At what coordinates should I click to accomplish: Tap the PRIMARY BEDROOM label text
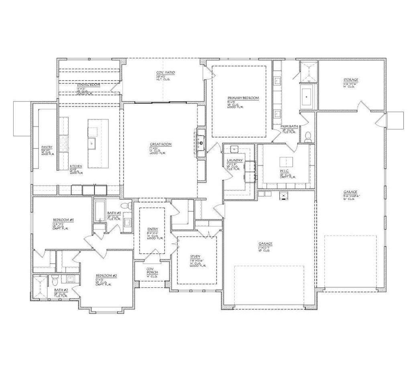243,98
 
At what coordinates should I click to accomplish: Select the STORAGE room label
350,80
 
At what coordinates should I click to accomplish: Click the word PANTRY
47,147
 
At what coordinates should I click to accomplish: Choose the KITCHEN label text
76,166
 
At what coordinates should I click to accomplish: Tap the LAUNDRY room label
235,160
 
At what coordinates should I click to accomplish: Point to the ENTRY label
152,229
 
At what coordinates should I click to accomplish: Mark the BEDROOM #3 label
62,220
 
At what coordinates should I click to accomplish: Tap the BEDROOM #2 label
106,276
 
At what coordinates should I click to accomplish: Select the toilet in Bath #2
55,278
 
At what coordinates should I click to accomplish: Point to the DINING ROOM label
89,85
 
